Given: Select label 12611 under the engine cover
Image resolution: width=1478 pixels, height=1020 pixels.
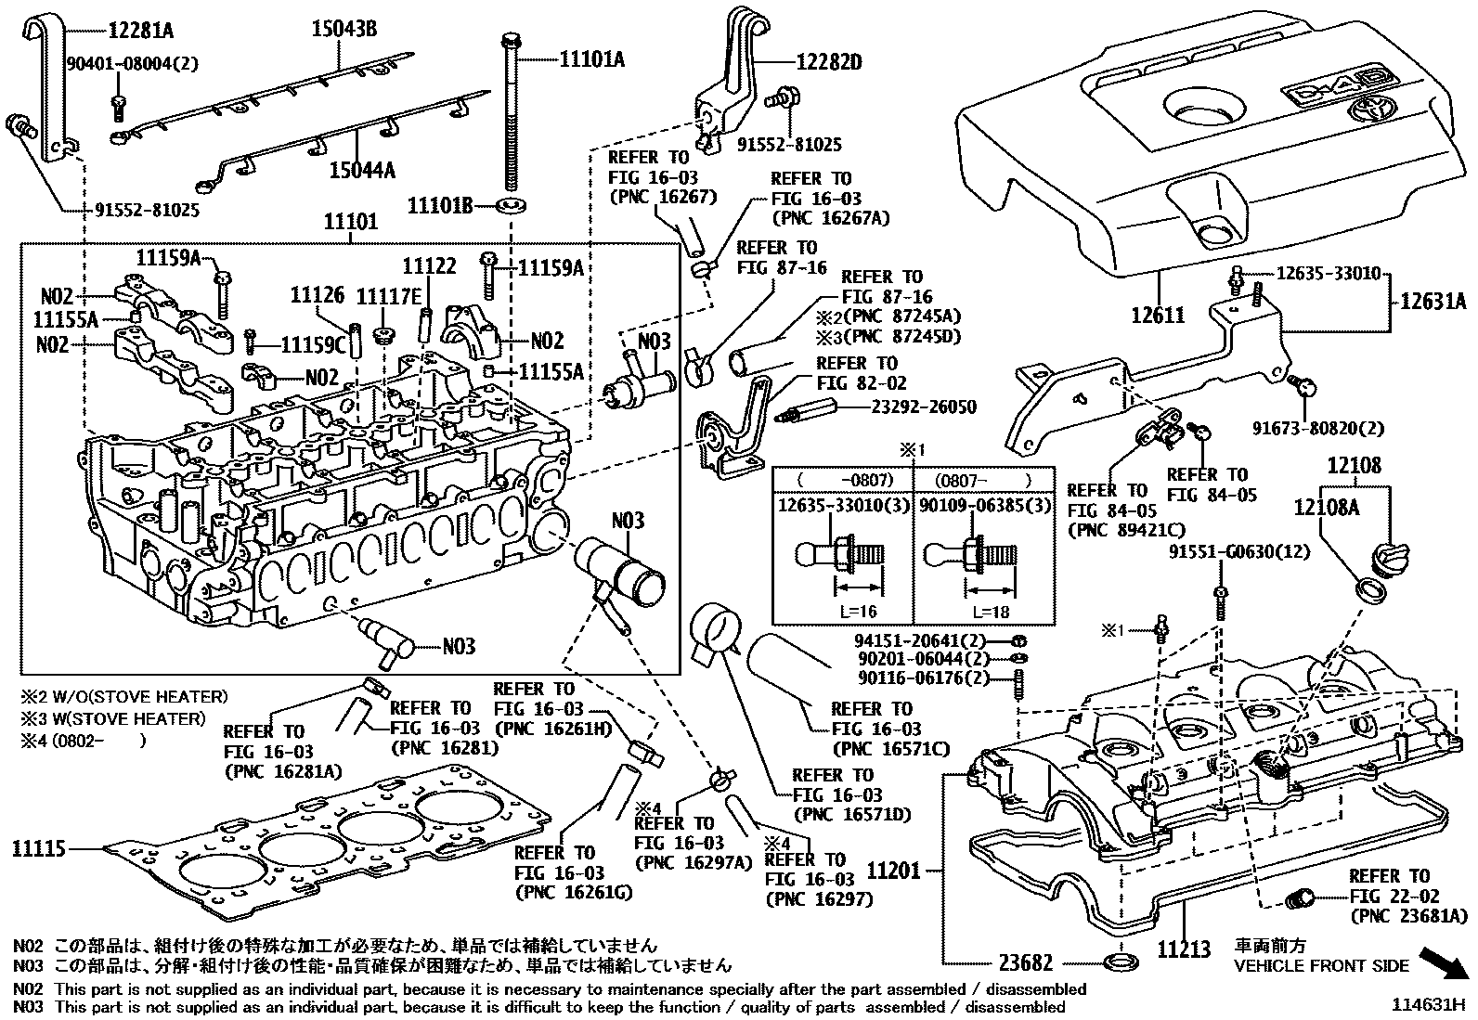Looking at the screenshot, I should point(1158,316).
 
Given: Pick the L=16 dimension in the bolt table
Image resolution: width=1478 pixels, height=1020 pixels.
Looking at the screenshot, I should point(856,612).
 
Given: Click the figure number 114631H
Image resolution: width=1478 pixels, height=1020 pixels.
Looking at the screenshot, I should point(1426,1004).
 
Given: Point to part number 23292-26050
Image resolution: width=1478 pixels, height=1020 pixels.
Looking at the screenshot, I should point(924,407).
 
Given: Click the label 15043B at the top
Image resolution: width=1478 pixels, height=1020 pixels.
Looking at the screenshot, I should point(344,29).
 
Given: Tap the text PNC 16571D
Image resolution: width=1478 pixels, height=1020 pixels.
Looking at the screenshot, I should point(851,815).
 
